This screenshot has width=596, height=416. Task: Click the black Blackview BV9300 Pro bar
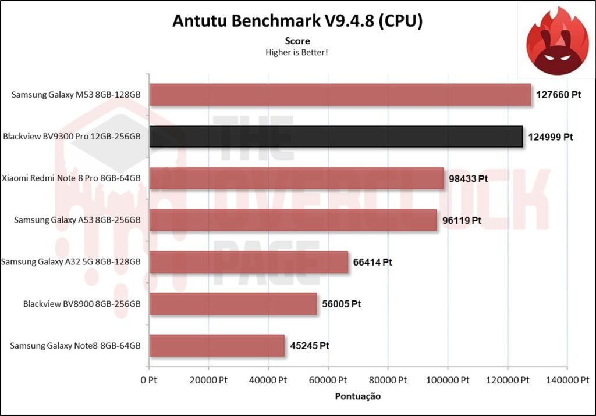336,137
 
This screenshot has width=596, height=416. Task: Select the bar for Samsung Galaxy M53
340,95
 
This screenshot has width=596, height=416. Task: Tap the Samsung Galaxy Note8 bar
217,345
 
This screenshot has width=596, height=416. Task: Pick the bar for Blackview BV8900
233,303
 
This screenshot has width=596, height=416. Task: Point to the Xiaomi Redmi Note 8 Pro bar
296,178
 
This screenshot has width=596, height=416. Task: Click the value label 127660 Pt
559,95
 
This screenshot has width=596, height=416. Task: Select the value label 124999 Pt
550,137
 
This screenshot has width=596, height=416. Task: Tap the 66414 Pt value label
372,262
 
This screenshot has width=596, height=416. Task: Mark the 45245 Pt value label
309,345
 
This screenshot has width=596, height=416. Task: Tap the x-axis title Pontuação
357,396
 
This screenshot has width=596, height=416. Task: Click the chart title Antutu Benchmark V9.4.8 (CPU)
297,21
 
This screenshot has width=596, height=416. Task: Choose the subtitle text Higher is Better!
297,52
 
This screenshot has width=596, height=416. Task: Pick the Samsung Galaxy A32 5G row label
71,262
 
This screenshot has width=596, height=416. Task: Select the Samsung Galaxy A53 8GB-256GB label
77,220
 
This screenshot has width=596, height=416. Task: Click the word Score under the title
297,41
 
